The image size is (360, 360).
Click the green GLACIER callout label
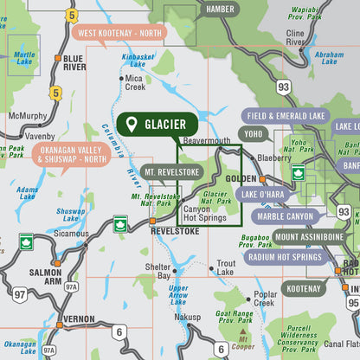[153, 125]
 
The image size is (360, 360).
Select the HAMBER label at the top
[220, 10]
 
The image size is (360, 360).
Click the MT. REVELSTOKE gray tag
[173, 171]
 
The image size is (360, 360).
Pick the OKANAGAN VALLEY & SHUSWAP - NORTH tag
[70, 154]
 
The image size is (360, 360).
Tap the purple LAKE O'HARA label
[263, 195]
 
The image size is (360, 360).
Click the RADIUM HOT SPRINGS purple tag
[284, 256]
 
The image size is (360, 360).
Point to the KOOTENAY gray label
[305, 288]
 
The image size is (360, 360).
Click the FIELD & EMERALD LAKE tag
[285, 115]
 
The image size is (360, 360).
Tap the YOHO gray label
[254, 134]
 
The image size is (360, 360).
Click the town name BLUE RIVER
[74, 62]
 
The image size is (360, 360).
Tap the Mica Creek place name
[135, 81]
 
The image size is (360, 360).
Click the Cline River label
[296, 36]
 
